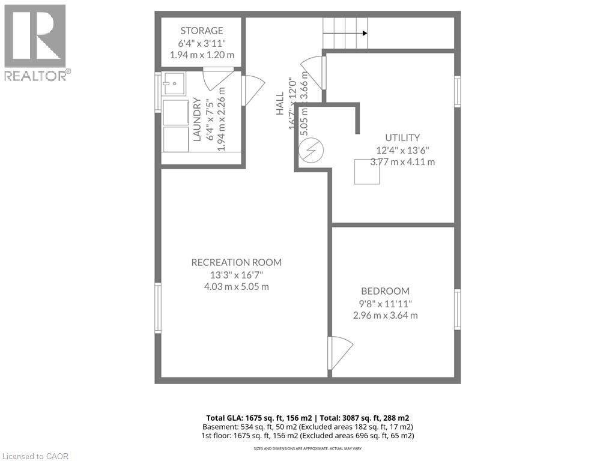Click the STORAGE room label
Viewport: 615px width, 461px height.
tap(202, 31)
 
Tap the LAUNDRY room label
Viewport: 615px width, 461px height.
tap(196, 119)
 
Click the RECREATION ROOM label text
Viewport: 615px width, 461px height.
tap(236, 262)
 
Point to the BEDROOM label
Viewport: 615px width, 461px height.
tap(385, 291)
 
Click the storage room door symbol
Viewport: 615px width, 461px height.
tap(216, 77)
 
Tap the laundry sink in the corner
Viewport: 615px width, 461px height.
tap(173, 84)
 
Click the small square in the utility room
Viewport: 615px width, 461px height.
tap(366, 172)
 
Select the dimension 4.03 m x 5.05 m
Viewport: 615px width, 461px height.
tap(236, 287)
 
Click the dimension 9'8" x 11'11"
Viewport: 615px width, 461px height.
tap(385, 303)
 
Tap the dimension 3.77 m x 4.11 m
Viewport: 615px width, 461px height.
tap(402, 162)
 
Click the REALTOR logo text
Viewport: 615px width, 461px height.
tap(35, 76)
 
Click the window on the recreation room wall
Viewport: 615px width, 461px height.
tap(158, 307)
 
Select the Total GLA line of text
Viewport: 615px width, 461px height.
tap(307, 417)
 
